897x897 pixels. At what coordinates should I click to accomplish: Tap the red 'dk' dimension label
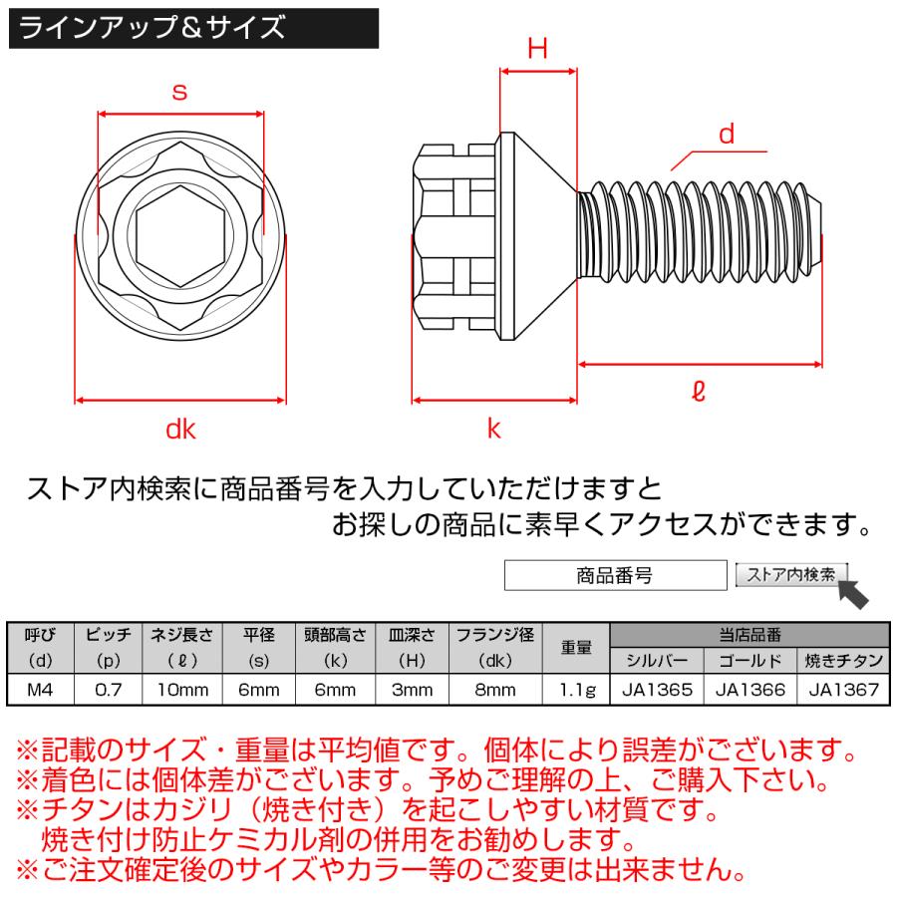pos(180,430)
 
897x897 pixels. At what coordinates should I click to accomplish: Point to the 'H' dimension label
pos(538,50)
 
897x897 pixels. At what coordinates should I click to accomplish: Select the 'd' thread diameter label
pos(727,135)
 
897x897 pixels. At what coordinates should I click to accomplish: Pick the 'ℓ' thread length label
pos(698,393)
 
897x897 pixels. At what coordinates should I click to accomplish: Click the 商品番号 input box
pos(615,576)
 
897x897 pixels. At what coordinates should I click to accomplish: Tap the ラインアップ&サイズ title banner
pos(193,27)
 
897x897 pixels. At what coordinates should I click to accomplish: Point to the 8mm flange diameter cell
pos(495,689)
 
